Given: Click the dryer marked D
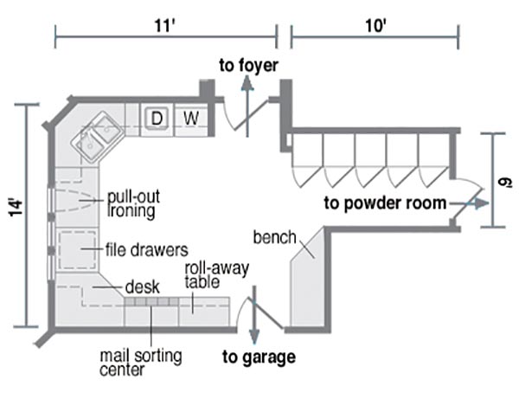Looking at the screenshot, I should tap(157, 116).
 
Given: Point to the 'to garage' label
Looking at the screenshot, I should tap(259, 357).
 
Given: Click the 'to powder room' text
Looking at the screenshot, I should tap(385, 204).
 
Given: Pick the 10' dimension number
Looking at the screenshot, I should tap(375, 24).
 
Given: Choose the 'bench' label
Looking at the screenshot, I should tap(275, 236).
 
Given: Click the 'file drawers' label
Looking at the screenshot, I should tap(146, 250).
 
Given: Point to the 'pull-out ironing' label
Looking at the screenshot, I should tap(131, 202).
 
